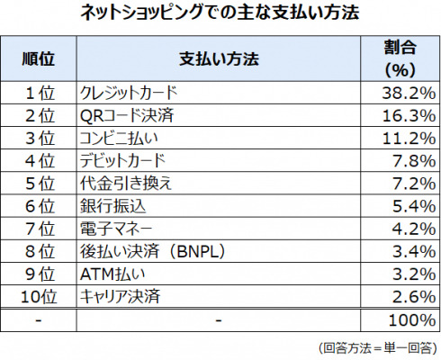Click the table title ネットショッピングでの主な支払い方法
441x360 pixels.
click(220, 13)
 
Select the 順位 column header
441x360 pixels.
click(39, 58)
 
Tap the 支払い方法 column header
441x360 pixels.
click(219, 58)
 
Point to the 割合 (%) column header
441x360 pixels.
click(400, 58)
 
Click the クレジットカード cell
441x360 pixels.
click(129, 93)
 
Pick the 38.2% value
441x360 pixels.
click(409, 93)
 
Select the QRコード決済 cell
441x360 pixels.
click(127, 115)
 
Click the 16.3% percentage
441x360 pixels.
click(409, 115)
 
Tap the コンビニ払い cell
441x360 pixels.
click(119, 139)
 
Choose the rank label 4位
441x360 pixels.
click(40, 161)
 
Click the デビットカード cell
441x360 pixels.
click(122, 161)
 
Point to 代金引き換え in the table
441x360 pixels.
click(126, 184)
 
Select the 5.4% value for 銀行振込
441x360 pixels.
click(414, 206)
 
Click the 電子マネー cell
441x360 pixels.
click(116, 229)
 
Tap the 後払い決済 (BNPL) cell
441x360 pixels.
click(152, 251)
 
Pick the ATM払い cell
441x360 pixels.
click(112, 274)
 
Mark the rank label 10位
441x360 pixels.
click(39, 296)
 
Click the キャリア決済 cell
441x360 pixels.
click(120, 296)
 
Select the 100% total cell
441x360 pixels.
click(412, 320)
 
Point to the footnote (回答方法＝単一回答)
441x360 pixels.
click(378, 348)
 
